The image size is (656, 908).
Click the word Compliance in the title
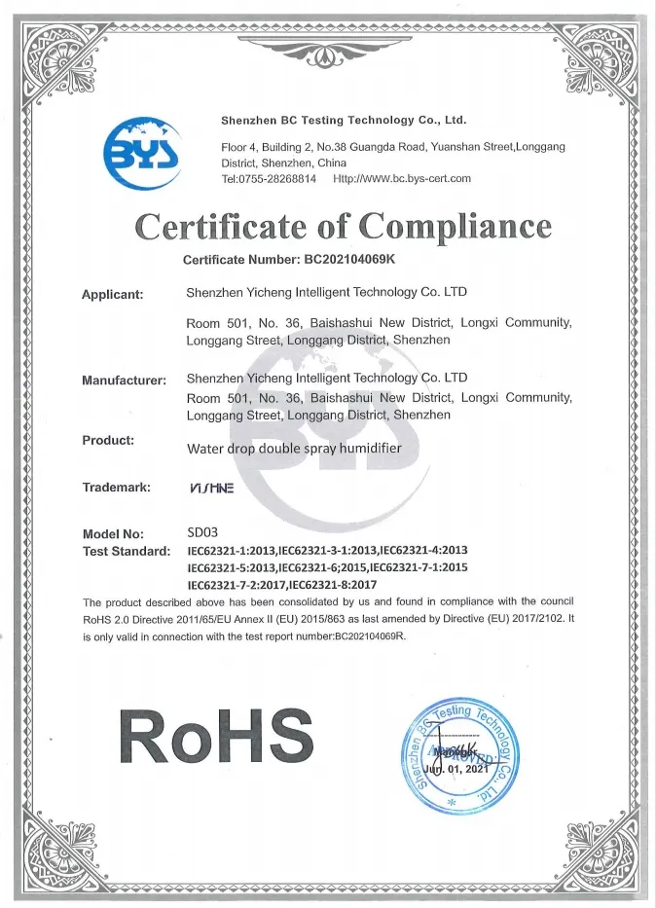pos(455,227)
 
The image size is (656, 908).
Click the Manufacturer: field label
pos(125,380)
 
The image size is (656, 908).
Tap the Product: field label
pos(108,440)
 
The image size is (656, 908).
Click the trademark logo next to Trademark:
pos(211,488)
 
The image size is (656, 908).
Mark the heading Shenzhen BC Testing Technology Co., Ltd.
pos(344,121)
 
